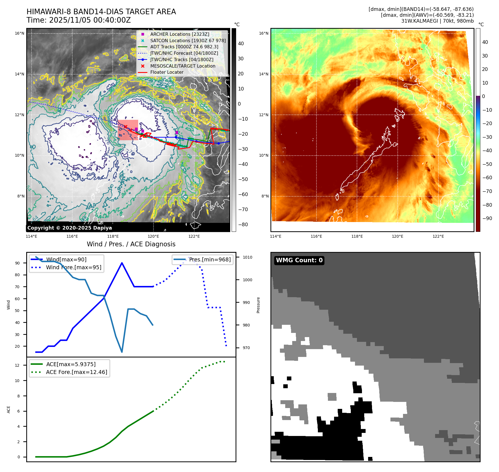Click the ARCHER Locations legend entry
coord(179,34)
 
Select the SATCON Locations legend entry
coord(188,40)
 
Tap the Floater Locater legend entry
coord(167,72)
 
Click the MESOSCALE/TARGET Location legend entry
coord(183,66)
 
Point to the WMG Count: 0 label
coord(299,260)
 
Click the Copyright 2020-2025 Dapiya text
coord(69,228)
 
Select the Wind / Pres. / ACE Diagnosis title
coord(131,244)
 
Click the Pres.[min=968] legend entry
coord(210,259)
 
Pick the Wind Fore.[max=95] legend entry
coord(73,267)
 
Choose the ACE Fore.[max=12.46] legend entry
coord(76,372)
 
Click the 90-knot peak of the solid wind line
coord(122,263)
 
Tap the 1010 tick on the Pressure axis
coord(247,257)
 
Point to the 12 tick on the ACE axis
coord(17,365)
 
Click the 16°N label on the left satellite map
coord(20,34)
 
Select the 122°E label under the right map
coord(438,236)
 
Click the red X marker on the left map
coord(126,127)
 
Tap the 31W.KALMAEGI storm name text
coord(419,21)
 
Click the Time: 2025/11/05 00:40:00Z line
coord(78,20)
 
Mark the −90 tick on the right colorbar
coord(487,218)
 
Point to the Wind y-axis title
coord(8,305)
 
